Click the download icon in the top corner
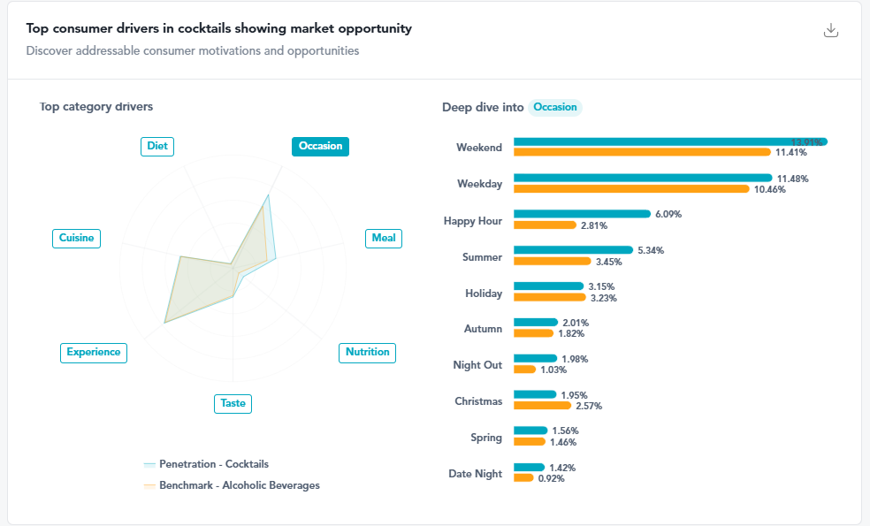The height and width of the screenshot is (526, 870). (x=830, y=31)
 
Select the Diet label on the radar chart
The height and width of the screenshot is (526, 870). (x=157, y=146)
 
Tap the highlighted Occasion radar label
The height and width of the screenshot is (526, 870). (x=320, y=146)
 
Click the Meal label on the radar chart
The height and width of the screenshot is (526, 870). (x=384, y=238)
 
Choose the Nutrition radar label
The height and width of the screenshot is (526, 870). (x=367, y=352)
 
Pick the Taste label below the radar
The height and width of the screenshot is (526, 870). (x=233, y=403)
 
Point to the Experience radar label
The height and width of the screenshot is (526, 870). (x=94, y=352)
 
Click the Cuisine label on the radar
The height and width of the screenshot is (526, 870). (x=76, y=238)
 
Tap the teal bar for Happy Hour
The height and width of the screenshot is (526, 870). (x=582, y=214)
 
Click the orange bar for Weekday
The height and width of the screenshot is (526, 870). (x=630, y=189)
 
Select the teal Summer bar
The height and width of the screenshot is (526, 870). (x=573, y=250)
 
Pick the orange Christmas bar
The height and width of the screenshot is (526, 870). (x=542, y=406)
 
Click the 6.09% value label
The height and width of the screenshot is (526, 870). (x=668, y=214)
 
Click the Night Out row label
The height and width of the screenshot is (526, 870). (x=477, y=365)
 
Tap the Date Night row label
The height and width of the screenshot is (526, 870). (x=475, y=474)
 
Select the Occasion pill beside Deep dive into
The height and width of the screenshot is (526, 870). (x=555, y=107)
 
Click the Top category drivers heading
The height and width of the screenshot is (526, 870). (x=96, y=107)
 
